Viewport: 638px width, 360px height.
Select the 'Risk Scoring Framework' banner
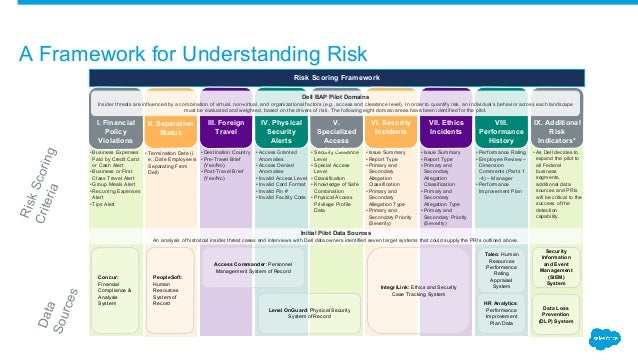point(358,76)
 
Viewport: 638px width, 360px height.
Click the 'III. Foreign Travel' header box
point(221,130)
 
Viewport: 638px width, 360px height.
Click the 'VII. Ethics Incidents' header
point(445,130)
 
